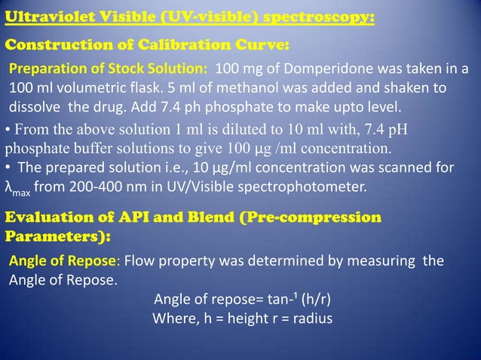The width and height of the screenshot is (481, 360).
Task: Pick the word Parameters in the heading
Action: coord(54,236)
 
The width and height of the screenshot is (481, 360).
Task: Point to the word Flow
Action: coord(140,262)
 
